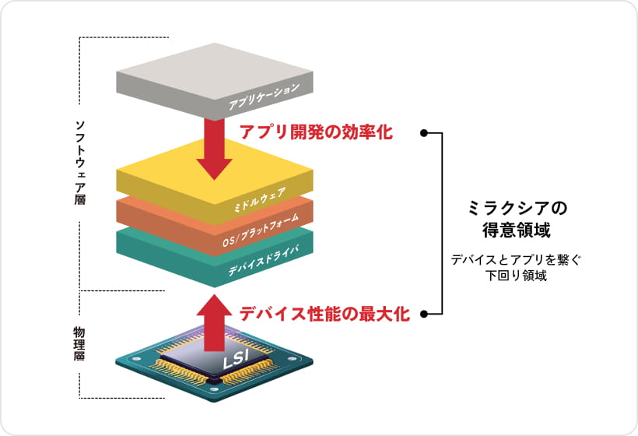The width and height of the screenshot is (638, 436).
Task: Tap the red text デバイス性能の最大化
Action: pyautogui.click(x=324, y=314)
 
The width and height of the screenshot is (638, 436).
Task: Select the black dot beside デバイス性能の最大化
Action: pyautogui.click(x=424, y=315)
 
